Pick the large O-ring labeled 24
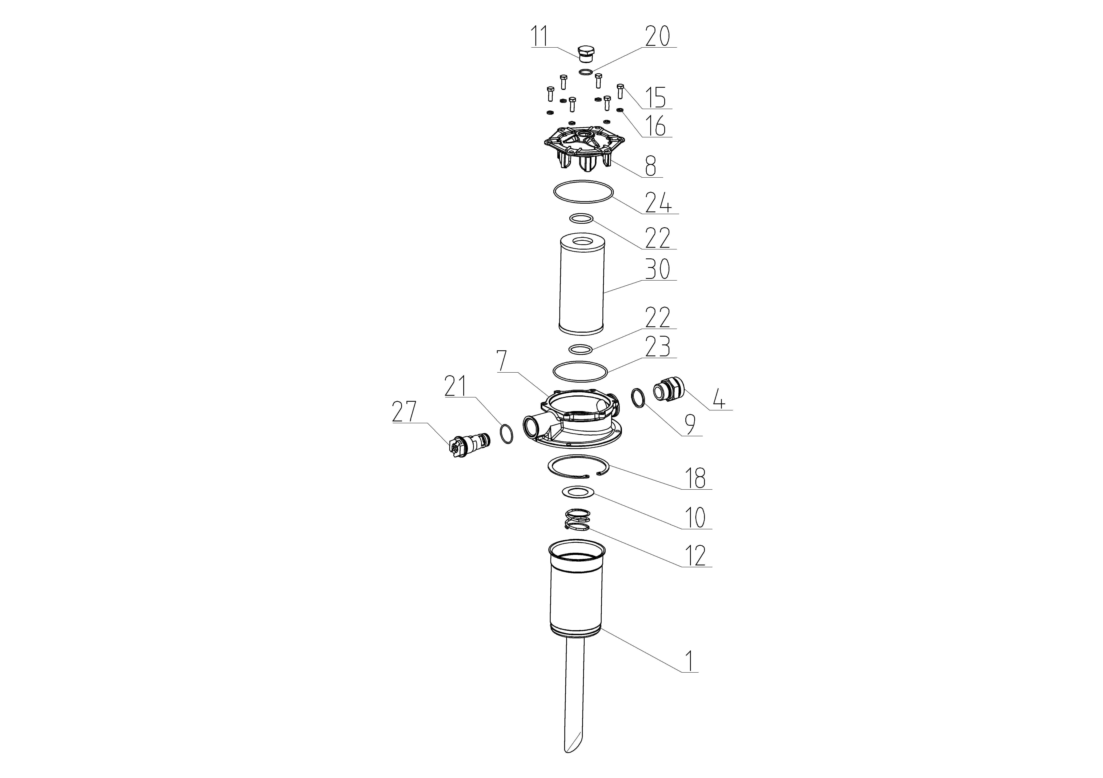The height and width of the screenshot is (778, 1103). (583, 191)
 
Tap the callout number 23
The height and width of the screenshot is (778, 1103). (658, 347)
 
